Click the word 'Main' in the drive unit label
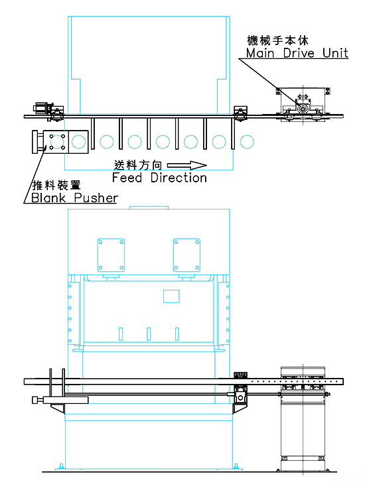point(260,53)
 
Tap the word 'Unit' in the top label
point(335,53)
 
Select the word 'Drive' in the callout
point(299,53)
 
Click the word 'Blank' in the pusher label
point(48,198)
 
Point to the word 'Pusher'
point(96,198)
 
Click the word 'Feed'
point(127,178)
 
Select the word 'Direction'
point(179,178)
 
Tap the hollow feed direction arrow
point(187,166)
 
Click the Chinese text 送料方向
point(138,166)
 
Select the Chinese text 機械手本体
point(277,40)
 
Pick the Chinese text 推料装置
point(56,185)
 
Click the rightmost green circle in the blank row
point(247,142)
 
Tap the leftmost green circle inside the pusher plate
point(57,142)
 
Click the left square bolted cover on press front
point(111,255)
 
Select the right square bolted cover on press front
point(186,255)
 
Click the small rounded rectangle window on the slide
point(171,296)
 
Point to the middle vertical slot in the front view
point(149,334)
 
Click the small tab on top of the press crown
point(149,208)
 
